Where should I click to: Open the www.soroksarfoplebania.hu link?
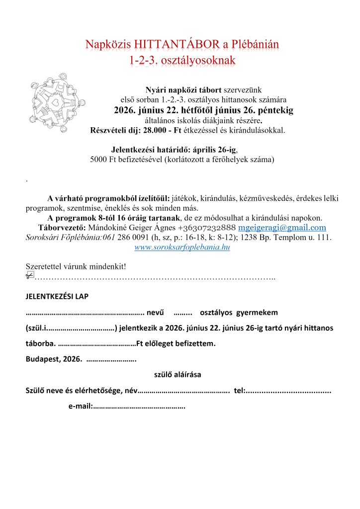[x=182, y=247]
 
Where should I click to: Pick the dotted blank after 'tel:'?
[x=289, y=391]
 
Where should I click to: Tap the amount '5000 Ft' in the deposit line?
[x=103, y=160]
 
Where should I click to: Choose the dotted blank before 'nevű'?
[x=85, y=313]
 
